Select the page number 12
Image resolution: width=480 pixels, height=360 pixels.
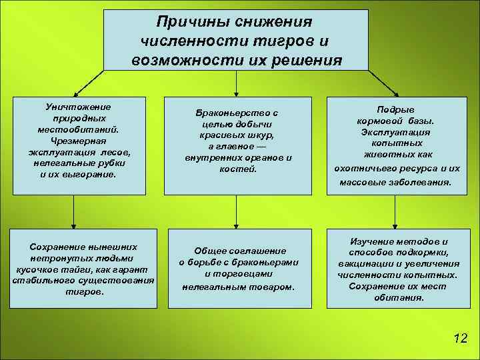coord(459,338)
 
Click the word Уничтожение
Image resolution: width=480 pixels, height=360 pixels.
coord(78,107)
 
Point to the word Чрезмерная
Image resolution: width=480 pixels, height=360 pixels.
coord(78,141)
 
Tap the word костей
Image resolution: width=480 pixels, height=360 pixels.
coord(238,169)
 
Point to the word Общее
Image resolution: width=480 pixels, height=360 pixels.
coord(211,251)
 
